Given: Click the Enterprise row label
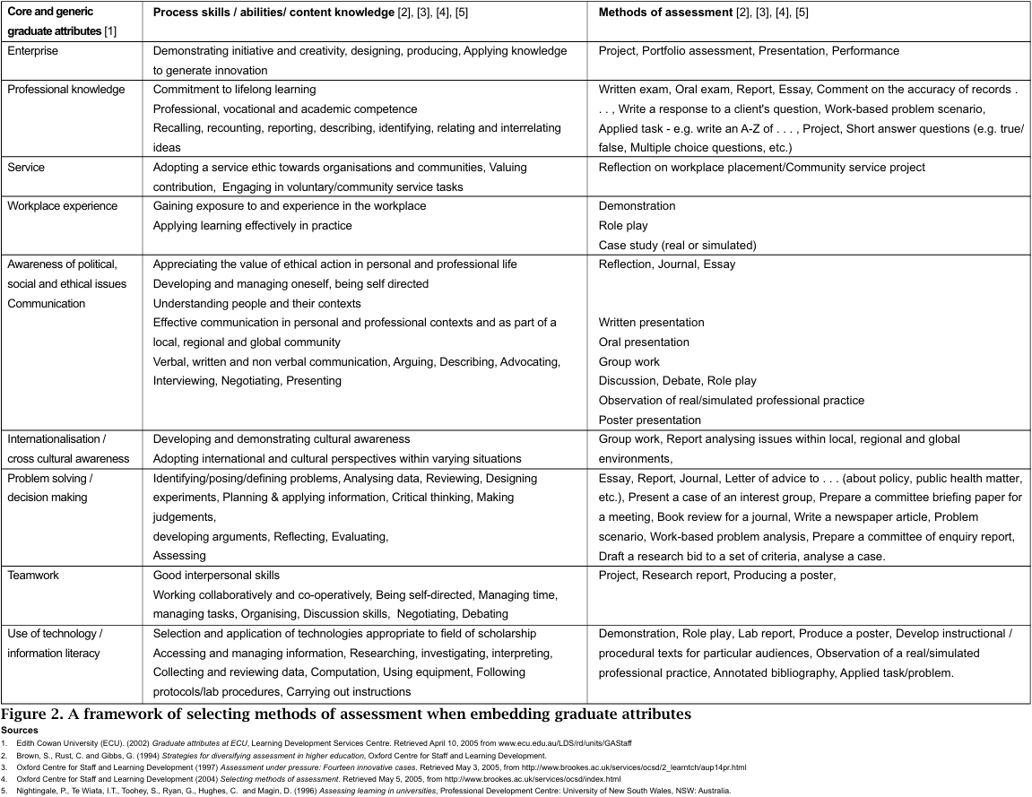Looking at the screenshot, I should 32,51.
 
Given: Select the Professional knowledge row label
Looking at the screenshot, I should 66,90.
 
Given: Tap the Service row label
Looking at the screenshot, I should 26,168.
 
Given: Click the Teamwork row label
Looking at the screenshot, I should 33,576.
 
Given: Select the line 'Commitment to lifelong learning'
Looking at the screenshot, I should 234,90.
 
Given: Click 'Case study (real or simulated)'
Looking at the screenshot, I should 677,245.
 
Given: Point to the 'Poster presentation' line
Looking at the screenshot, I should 650,420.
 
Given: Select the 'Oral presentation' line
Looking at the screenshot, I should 644,342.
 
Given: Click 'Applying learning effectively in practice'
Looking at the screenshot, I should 252,226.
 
